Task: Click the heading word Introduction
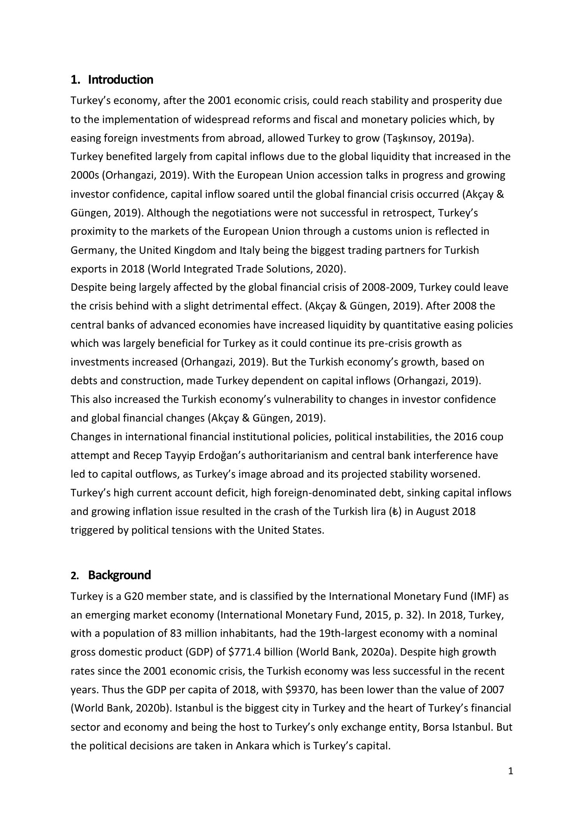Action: [x=120, y=80]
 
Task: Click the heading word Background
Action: [x=119, y=575]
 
